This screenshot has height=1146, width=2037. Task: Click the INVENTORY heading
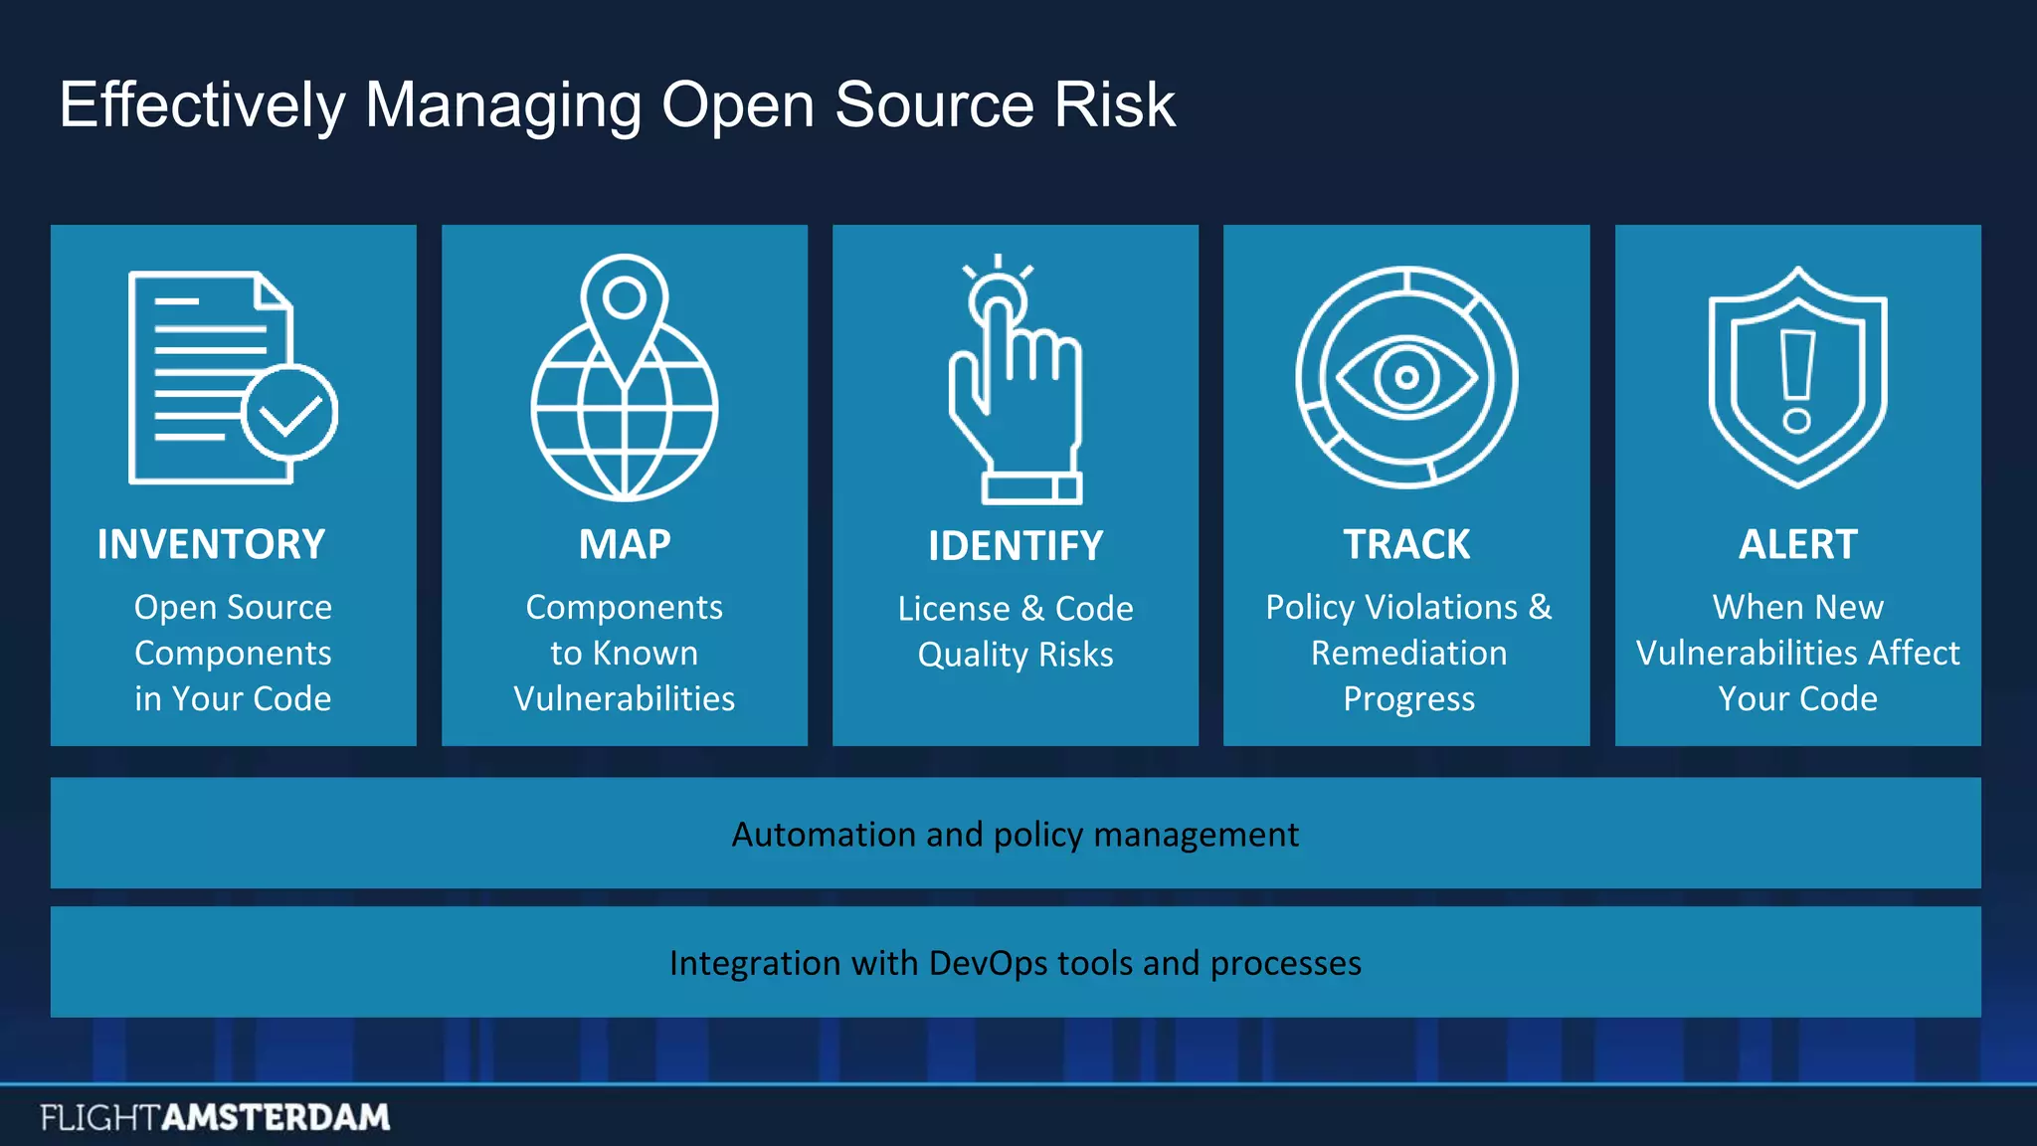coord(211,544)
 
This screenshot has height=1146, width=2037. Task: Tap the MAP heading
coord(625,544)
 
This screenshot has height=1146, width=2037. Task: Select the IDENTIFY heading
coord(1016,546)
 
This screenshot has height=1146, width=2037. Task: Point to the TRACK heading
coord(1406,544)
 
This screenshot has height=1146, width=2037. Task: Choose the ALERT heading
coord(1797,544)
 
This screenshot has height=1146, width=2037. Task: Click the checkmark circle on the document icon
coord(289,412)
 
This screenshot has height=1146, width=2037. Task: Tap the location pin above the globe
coord(625,298)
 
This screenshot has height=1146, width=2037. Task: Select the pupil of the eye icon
coord(1406,377)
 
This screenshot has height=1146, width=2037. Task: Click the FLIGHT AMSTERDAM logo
coord(215,1117)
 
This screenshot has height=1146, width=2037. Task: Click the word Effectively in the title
coord(202,104)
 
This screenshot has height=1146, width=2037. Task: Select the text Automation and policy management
coord(1015,834)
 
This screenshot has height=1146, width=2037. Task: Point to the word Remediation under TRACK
coord(1408,653)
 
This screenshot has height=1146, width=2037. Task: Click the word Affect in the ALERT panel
coord(1914,653)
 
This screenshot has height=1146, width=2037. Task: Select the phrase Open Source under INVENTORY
coord(233,607)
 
